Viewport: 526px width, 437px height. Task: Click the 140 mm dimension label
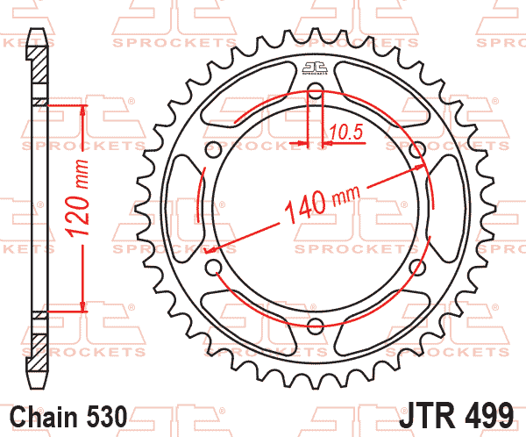coord(323,204)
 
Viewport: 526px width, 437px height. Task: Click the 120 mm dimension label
coord(78,197)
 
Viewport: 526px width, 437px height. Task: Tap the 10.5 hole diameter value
coord(346,132)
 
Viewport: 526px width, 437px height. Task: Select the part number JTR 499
coord(456,415)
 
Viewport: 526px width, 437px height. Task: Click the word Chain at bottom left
coord(44,417)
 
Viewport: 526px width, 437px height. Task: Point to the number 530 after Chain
coord(107,417)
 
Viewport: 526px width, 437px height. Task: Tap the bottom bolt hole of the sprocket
coord(316,326)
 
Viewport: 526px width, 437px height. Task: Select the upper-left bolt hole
coord(213,149)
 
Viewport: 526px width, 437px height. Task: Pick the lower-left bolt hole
coord(213,267)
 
